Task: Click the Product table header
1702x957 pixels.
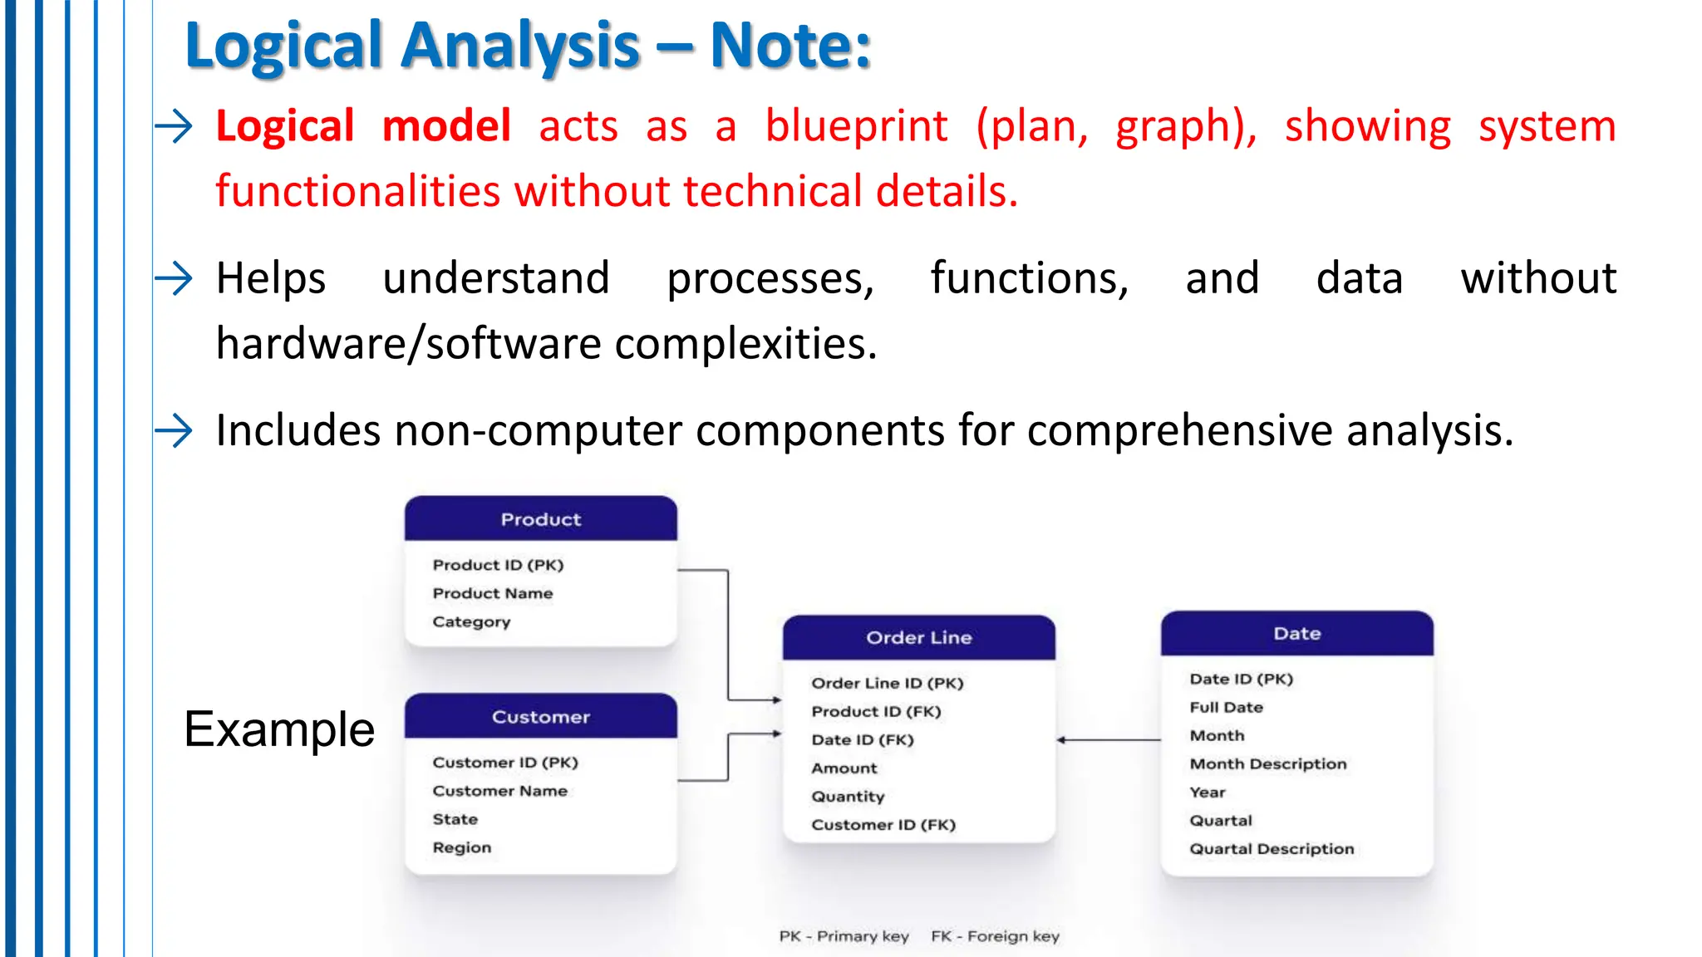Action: point(540,519)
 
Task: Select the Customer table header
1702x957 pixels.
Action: point(540,717)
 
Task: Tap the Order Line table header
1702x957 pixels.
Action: point(918,638)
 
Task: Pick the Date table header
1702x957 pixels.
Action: point(1296,634)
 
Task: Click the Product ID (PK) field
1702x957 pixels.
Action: point(498,565)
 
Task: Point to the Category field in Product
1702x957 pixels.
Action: point(471,621)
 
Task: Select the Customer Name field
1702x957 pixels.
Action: point(499,791)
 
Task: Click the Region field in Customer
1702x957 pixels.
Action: point(461,847)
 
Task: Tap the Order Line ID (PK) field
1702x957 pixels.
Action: point(887,683)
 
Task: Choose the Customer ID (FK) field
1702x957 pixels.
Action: point(883,825)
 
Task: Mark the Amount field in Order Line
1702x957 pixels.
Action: point(844,768)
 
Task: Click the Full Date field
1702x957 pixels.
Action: point(1226,708)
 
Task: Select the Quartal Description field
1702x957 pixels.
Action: point(1271,849)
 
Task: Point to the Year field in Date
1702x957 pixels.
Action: point(1207,793)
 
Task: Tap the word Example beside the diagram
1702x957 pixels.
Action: point(279,729)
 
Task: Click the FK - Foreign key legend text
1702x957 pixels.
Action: point(995,936)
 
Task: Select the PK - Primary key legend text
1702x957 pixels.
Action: point(844,936)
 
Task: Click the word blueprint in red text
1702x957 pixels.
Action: point(855,126)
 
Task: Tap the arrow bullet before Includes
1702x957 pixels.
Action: point(174,430)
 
